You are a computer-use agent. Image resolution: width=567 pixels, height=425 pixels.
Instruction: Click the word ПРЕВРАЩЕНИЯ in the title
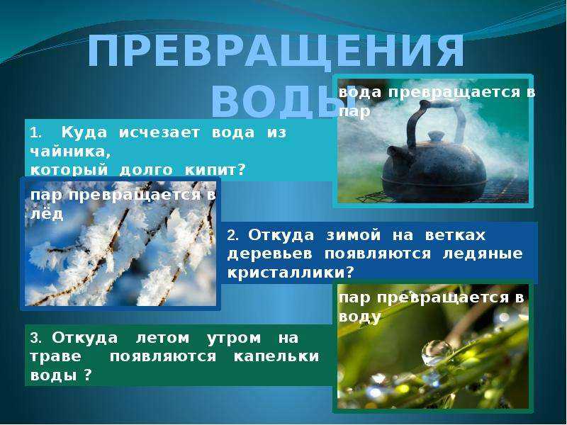pos(276,51)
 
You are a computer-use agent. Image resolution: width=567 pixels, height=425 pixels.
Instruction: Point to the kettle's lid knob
pos(436,137)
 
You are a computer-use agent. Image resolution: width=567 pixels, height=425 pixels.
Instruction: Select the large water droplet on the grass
pos(436,352)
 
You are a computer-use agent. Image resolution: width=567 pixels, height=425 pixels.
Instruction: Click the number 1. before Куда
pos(36,133)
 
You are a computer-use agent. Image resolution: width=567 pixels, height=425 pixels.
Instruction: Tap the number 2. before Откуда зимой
pos(233,236)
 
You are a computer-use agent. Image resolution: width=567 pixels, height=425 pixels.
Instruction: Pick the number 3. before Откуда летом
pos(36,339)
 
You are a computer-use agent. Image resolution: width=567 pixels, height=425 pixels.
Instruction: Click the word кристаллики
pos(286,272)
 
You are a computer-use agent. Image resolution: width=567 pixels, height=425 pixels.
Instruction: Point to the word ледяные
pos(483,254)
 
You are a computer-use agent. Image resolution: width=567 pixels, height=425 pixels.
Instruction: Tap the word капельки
pos(276,356)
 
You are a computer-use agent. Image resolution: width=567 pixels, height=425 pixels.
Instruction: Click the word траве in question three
pos(56,356)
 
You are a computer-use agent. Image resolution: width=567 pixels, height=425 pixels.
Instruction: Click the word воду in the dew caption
pos(360,317)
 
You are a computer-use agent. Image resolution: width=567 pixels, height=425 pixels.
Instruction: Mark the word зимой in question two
pos(353,235)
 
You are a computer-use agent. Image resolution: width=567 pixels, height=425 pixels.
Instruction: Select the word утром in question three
pos(234,339)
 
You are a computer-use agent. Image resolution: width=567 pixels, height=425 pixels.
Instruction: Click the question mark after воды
pos(87,375)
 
